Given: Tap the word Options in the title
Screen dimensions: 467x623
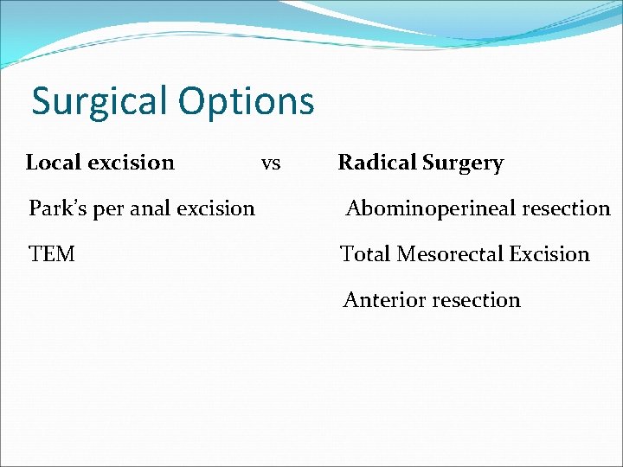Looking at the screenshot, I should pyautogui.click(x=247, y=102).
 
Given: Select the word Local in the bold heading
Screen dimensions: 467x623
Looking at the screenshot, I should pyautogui.click(x=53, y=163).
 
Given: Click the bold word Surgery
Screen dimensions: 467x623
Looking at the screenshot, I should pyautogui.click(x=463, y=163).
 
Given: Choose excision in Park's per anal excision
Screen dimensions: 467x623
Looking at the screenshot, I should pyautogui.click(x=215, y=208).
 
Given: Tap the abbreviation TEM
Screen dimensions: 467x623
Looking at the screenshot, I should pyautogui.click(x=52, y=254).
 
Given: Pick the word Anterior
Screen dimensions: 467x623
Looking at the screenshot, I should pyautogui.click(x=378, y=300).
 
